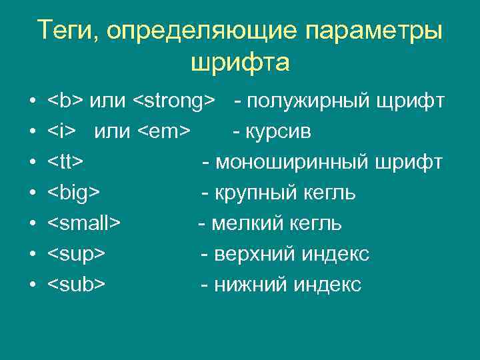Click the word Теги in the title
(x=63, y=31)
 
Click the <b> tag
(x=65, y=101)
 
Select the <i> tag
(x=62, y=132)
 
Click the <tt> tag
(x=65, y=163)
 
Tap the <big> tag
(x=73, y=193)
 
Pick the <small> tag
(x=83, y=224)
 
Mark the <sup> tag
(x=76, y=255)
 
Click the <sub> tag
(x=76, y=285)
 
